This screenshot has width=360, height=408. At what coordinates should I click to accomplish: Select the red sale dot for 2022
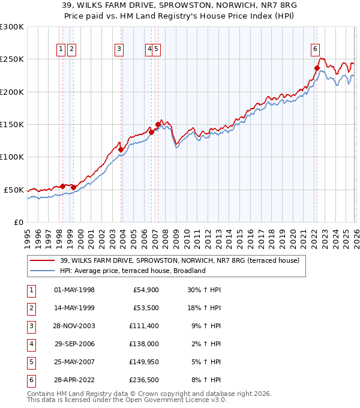(x=316, y=68)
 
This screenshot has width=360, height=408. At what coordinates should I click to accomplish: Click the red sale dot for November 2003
(x=121, y=149)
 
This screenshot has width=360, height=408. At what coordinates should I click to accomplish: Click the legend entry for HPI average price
(x=133, y=271)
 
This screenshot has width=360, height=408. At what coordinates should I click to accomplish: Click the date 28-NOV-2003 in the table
(x=74, y=326)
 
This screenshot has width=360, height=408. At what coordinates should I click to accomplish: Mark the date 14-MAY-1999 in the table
(x=74, y=308)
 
